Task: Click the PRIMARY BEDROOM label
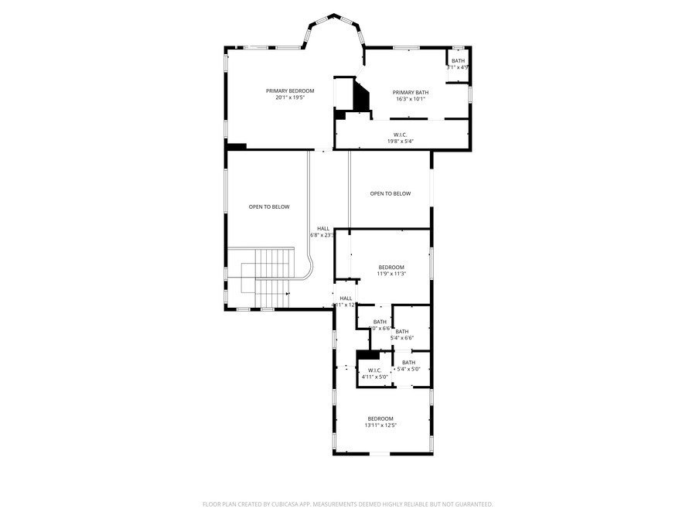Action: pyautogui.click(x=290, y=91)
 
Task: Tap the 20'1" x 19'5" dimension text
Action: pyautogui.click(x=290, y=98)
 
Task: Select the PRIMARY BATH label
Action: pyautogui.click(x=410, y=92)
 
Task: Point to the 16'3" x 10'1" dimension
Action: pyautogui.click(x=410, y=99)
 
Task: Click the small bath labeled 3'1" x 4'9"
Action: pyautogui.click(x=459, y=64)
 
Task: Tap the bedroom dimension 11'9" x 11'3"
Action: pyautogui.click(x=391, y=274)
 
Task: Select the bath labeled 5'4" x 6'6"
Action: pyautogui.click(x=402, y=335)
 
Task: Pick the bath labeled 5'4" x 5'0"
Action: pyautogui.click(x=408, y=366)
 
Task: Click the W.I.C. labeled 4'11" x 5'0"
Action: pyautogui.click(x=374, y=374)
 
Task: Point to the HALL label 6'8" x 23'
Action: pyautogui.click(x=323, y=232)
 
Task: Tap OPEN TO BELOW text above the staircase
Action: pyautogui.click(x=268, y=206)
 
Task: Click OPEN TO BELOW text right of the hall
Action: pyautogui.click(x=390, y=193)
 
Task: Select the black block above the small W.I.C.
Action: pyautogui.click(x=368, y=355)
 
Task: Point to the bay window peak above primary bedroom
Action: pyautogui.click(x=334, y=15)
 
